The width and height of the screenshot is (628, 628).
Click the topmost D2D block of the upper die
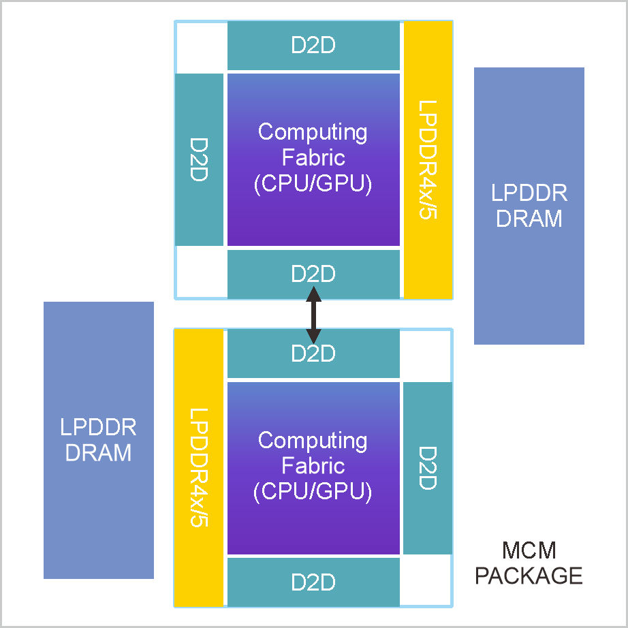313,46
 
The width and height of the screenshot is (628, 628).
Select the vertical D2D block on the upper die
199,159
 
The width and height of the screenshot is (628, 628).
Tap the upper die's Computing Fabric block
313,159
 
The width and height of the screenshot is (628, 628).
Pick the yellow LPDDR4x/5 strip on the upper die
428,159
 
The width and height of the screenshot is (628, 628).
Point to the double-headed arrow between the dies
313,314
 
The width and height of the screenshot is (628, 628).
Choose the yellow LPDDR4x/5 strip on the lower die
199,468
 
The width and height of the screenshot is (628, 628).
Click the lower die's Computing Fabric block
313,468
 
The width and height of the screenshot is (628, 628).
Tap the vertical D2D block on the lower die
428,468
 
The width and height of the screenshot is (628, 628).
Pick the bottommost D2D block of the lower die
313,582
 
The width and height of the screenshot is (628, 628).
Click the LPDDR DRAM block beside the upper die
529,206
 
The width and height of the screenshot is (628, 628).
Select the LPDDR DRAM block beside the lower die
99,440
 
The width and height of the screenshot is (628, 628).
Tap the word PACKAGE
529,576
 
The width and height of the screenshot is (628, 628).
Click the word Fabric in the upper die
313,158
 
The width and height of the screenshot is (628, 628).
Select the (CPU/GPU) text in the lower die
313,492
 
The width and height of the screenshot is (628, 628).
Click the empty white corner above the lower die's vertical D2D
426,355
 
